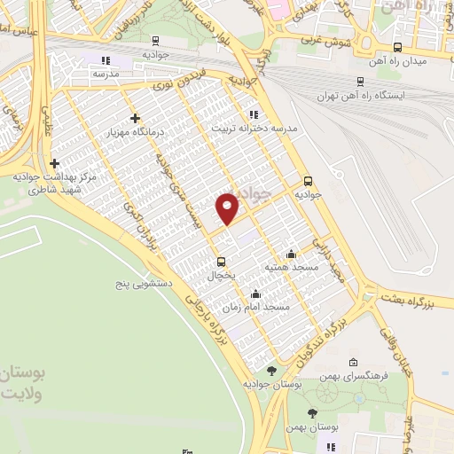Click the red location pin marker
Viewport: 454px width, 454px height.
click(x=228, y=209)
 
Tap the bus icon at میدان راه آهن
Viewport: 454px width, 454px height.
click(x=397, y=48)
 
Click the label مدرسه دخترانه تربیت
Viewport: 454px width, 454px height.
click(x=253, y=127)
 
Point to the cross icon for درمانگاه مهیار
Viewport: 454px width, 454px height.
click(x=135, y=118)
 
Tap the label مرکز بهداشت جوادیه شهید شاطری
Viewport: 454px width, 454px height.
click(x=54, y=183)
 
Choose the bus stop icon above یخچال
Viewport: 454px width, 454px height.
click(x=221, y=261)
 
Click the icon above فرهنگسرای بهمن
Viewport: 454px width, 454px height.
click(x=354, y=362)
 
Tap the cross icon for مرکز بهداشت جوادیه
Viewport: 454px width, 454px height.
click(x=55, y=163)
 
